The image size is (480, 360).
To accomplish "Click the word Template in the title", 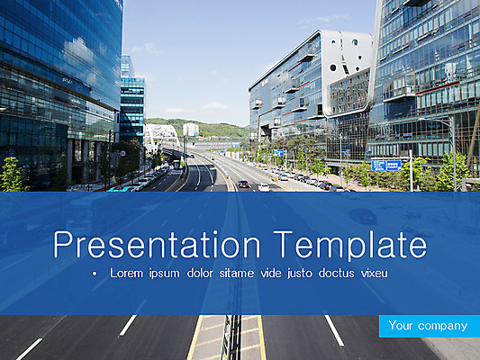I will pos(349,245).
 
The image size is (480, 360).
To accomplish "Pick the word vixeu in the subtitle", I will pos(371,272).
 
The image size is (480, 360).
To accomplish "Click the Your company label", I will pos(429,326).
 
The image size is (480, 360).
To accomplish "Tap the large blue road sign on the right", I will pos(386,165).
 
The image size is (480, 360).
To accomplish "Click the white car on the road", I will pos(264,187).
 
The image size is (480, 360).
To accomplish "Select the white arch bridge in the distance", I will pos(162,135).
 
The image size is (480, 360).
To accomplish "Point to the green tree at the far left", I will pos(12,175).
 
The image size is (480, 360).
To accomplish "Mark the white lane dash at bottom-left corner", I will pos(29,348).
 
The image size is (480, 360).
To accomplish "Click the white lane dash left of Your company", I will pos(334,330).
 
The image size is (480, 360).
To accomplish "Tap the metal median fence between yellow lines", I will pos(229,338).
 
